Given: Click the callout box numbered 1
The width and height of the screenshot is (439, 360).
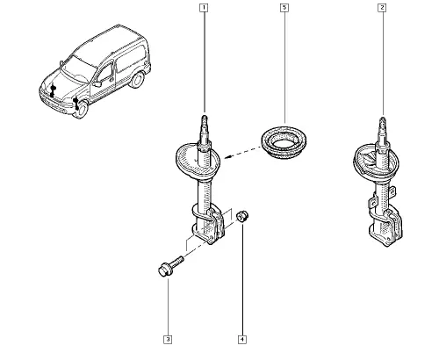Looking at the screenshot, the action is pyautogui.click(x=204, y=8).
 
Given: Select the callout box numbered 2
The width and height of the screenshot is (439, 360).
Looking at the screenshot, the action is pyautogui.click(x=382, y=8).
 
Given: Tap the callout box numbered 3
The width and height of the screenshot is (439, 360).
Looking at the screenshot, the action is pyautogui.click(x=168, y=340).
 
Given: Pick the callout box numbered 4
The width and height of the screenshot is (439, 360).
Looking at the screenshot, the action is pyautogui.click(x=242, y=340).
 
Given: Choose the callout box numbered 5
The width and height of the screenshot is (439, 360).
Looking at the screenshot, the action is pyautogui.click(x=284, y=8).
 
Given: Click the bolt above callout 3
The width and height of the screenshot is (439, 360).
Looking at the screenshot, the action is pyautogui.click(x=170, y=266).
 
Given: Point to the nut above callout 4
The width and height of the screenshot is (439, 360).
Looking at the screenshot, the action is pyautogui.click(x=242, y=216).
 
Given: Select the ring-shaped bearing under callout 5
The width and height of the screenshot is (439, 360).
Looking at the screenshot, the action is pyautogui.click(x=284, y=143).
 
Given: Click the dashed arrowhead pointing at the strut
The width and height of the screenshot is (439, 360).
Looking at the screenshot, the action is pyautogui.click(x=228, y=157).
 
